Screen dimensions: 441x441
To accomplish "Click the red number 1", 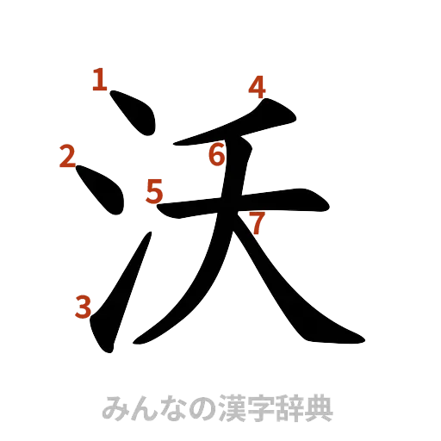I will click(100, 82).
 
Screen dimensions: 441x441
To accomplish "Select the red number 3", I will click(84, 307).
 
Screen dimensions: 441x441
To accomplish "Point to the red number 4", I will click(258, 87).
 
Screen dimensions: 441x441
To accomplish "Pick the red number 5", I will click(154, 190).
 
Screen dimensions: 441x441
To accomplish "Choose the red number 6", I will click(218, 155).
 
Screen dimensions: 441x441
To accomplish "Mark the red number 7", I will click(254, 223).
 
